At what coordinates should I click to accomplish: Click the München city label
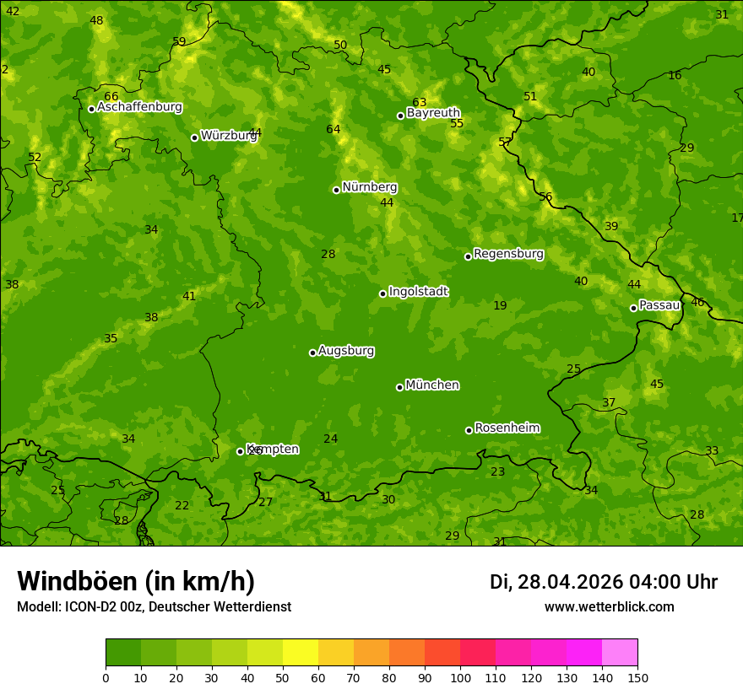point(432,385)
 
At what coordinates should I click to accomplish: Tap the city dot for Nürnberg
point(336,190)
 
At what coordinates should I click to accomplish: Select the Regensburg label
point(508,254)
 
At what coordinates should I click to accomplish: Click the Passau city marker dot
point(633,308)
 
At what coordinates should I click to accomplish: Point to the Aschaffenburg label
point(139,107)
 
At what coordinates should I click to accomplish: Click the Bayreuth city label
point(433,113)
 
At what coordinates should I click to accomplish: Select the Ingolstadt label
point(418,292)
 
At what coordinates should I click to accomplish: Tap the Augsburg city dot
point(312,353)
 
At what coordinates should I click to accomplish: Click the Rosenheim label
point(507,428)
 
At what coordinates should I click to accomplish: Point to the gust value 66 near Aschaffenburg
point(111,97)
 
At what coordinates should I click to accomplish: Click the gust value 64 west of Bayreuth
point(334,129)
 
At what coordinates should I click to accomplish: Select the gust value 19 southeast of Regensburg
point(500,305)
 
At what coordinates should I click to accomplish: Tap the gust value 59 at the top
point(179,41)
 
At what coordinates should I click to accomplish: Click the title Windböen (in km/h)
point(136,581)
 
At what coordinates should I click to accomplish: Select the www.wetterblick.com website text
point(609,607)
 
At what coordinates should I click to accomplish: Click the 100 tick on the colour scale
point(460,677)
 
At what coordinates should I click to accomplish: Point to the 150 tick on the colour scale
point(637,677)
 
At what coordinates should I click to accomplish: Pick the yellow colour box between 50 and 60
point(301,653)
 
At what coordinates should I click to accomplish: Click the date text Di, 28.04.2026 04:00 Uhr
point(604,582)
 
